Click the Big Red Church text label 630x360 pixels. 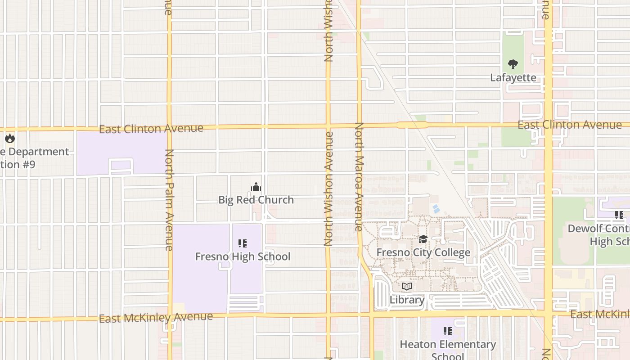click(x=256, y=200)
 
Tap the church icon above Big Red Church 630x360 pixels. click(x=256, y=187)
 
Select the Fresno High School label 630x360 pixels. click(x=243, y=256)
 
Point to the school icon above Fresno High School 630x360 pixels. click(x=243, y=243)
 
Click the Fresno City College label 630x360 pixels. click(x=423, y=252)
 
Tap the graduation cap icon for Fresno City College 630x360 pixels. click(x=423, y=239)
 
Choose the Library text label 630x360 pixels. click(x=407, y=300)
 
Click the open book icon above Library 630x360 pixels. click(x=407, y=286)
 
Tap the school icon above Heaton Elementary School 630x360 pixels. click(x=448, y=331)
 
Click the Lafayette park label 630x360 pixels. click(x=513, y=78)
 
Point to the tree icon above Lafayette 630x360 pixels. click(x=513, y=64)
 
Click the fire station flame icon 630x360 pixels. click(x=10, y=138)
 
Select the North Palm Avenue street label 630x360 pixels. click(x=169, y=200)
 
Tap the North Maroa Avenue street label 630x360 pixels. click(x=359, y=176)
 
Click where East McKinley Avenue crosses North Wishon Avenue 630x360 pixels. click(x=328, y=315)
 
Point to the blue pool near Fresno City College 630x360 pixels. click(x=436, y=209)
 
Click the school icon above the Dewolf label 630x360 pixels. click(x=619, y=216)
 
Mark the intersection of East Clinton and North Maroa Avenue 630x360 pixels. click(x=359, y=125)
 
